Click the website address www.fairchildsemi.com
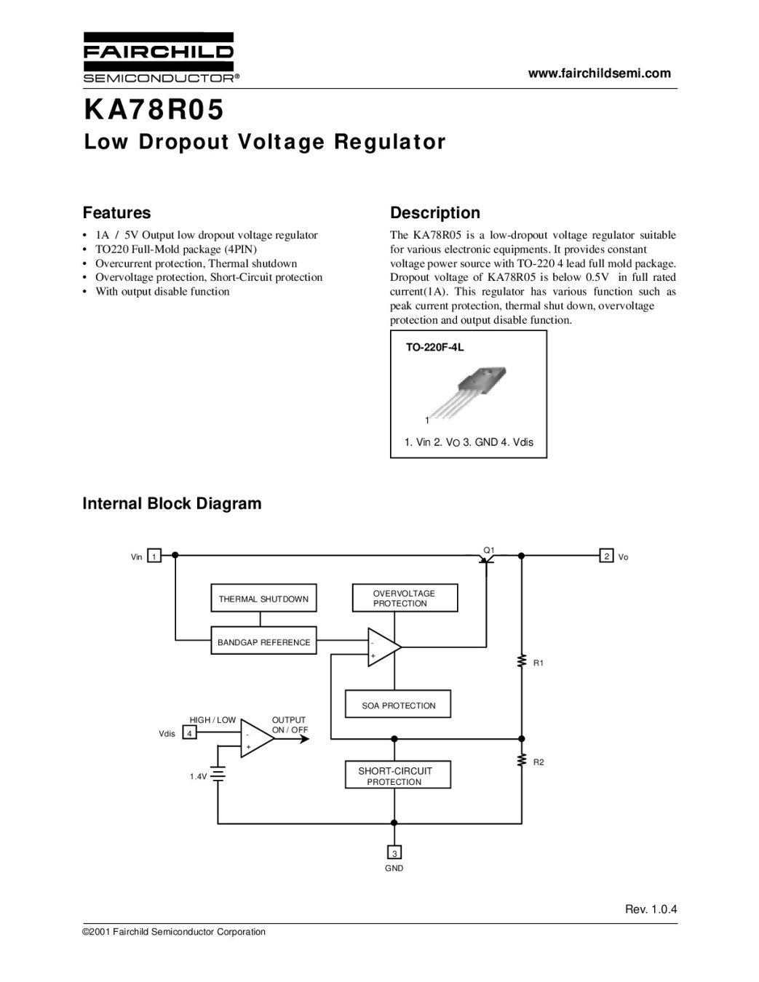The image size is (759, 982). [600, 73]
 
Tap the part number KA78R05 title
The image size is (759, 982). [154, 110]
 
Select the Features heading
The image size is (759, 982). [116, 212]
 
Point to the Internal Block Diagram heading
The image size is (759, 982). [172, 503]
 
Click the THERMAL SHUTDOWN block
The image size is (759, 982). [263, 598]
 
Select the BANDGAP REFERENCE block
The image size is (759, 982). [263, 640]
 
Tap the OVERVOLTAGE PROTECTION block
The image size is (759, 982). [405, 598]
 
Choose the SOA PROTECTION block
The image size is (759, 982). [398, 703]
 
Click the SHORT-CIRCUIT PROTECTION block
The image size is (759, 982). [398, 775]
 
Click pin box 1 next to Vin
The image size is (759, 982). [154, 556]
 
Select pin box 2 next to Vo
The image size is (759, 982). [606, 556]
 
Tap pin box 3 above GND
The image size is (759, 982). [394, 852]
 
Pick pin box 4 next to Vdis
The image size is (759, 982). [189, 732]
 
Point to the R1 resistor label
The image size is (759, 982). [538, 663]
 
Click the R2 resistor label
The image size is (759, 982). [539, 762]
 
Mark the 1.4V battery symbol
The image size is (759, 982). [218, 775]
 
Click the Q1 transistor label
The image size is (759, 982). [489, 550]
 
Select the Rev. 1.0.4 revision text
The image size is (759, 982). [651, 909]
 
